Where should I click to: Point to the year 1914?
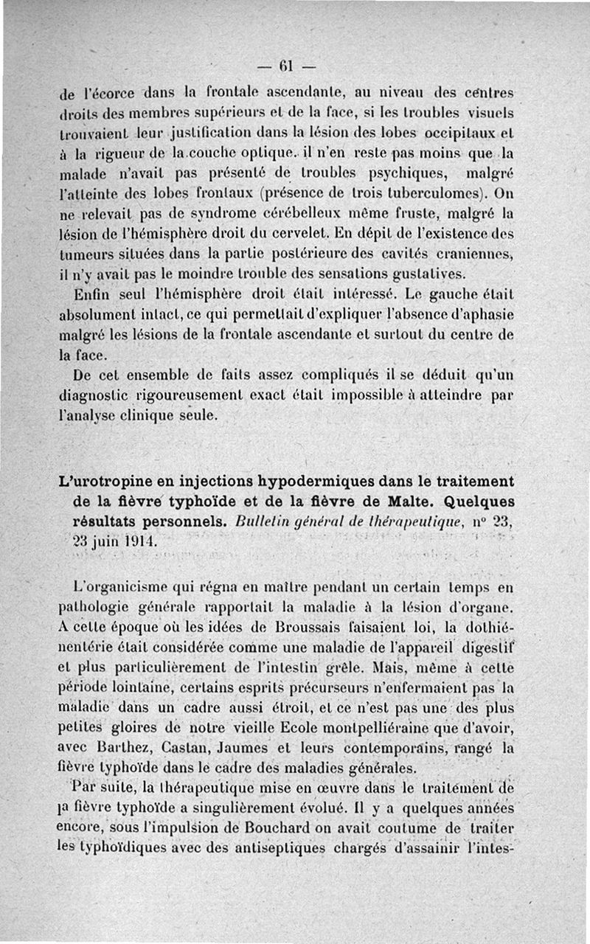[140, 541]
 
